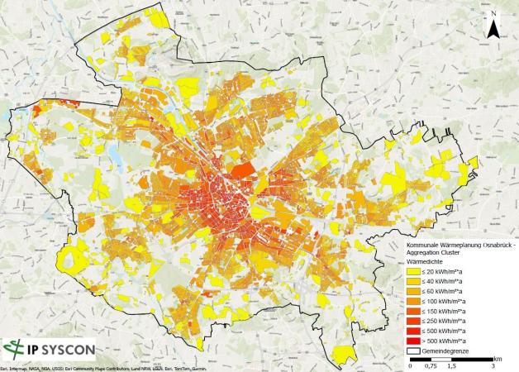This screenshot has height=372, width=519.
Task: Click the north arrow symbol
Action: tap(493, 30)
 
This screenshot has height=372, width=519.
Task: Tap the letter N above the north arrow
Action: tap(493, 14)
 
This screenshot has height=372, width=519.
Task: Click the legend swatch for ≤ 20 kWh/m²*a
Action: tap(413, 270)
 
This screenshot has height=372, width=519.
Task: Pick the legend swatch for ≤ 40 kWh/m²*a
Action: tap(413, 280)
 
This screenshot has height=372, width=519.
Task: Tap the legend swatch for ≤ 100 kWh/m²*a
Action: tap(413, 301)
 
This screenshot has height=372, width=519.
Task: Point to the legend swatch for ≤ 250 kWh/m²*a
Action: tap(413, 321)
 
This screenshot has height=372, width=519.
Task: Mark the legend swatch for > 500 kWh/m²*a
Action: tap(413, 341)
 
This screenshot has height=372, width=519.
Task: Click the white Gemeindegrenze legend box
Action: tap(413, 351)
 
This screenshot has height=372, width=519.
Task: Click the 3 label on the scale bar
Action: tap(493, 366)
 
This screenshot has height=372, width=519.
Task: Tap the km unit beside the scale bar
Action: tap(499, 359)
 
